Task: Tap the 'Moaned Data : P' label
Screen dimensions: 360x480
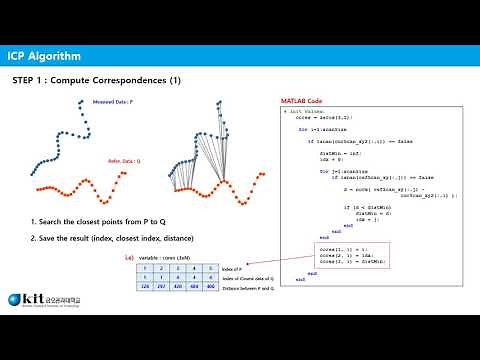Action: pyautogui.click(x=112, y=102)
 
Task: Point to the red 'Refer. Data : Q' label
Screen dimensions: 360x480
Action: pyautogui.click(x=127, y=160)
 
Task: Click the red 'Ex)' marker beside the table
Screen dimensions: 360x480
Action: pyautogui.click(x=128, y=257)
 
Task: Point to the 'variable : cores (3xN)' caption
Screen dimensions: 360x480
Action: pyautogui.click(x=165, y=257)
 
